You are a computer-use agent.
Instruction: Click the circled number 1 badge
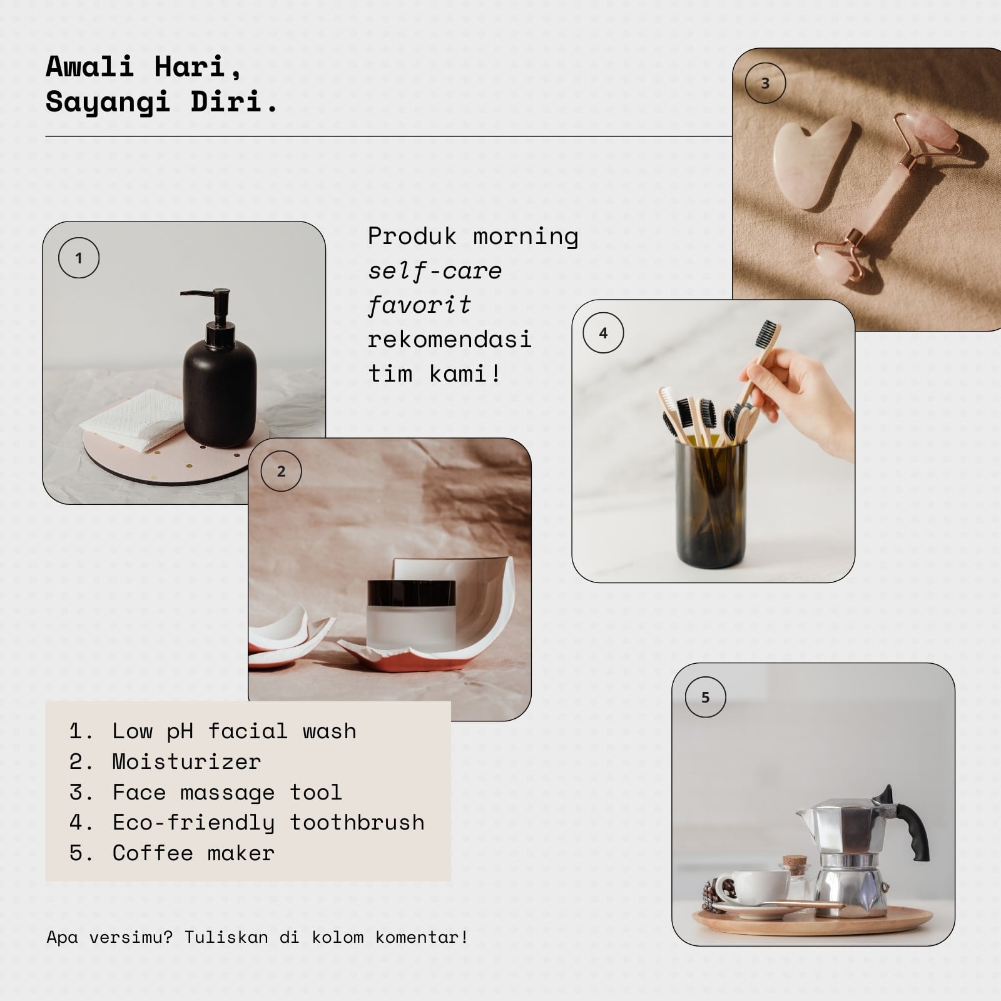[79, 258]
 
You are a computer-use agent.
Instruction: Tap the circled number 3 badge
[765, 83]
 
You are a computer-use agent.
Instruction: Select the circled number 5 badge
[706, 697]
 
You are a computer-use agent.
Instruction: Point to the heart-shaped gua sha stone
[811, 163]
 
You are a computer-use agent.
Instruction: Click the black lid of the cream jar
[411, 592]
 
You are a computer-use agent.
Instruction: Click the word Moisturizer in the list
[186, 762]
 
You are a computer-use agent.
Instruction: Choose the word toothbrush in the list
[357, 823]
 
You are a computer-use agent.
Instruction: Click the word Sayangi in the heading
[108, 102]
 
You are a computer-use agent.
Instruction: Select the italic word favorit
[419, 305]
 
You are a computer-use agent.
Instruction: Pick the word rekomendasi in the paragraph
[450, 340]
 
